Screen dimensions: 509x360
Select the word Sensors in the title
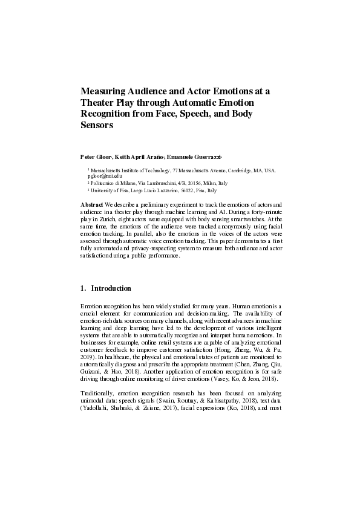pyautogui.click(x=97, y=126)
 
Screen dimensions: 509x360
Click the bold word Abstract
pyautogui.click(x=93, y=205)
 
